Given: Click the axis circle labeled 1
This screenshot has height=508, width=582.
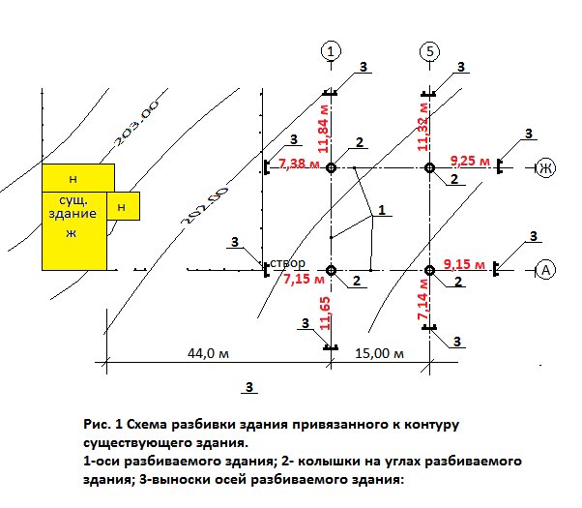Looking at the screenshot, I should (x=331, y=50).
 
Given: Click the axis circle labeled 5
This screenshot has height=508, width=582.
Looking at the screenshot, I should (x=430, y=50).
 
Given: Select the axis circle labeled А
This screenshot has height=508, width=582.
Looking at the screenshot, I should (x=544, y=271).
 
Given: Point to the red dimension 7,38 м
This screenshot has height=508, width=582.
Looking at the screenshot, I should (x=299, y=165).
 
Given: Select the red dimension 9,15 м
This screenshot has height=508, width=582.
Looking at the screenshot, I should (x=466, y=263).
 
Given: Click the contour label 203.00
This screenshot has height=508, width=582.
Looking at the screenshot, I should (x=134, y=127).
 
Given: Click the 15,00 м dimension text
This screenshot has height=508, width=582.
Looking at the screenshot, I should (x=379, y=353).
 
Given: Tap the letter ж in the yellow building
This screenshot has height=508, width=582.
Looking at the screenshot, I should (x=70, y=233).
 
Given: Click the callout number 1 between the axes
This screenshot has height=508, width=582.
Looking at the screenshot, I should (x=382, y=209).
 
